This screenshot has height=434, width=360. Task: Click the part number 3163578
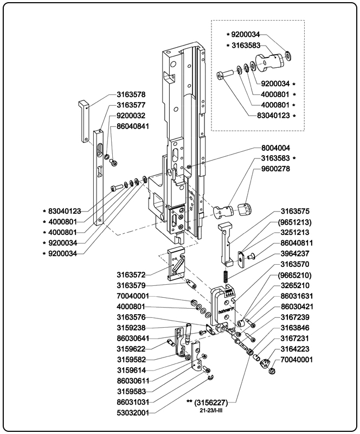pyautogui.click(x=131, y=94)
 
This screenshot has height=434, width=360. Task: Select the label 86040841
pyautogui.click(x=133, y=126)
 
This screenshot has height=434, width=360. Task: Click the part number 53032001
pyautogui.click(x=133, y=413)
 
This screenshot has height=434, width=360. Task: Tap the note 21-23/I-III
pyautogui.click(x=213, y=411)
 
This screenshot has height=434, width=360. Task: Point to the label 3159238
pyautogui.click(x=131, y=328)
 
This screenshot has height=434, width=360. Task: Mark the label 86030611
pyautogui.click(x=133, y=381)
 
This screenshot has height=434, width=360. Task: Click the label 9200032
pyautogui.click(x=131, y=116)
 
